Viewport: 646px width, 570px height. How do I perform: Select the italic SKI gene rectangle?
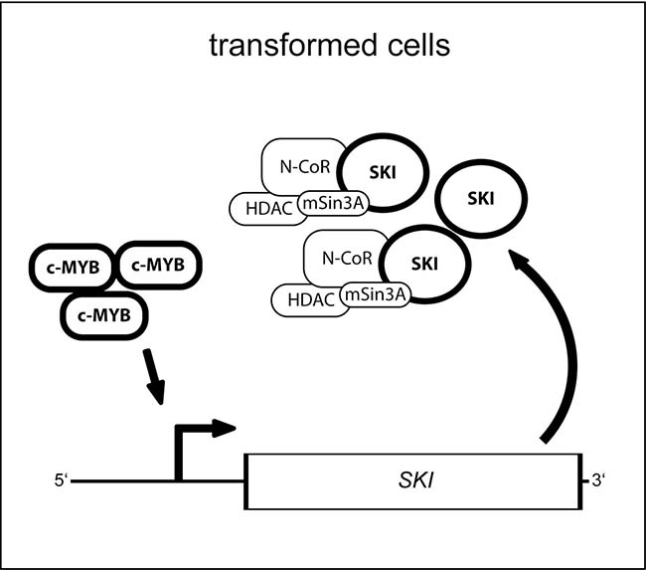pos(413,482)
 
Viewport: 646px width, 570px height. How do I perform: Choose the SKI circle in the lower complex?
pos(423,264)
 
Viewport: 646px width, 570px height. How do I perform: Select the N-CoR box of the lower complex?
pos(340,258)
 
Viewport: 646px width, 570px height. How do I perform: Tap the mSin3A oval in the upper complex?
pos(335,201)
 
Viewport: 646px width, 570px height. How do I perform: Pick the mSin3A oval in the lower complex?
pos(375,294)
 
